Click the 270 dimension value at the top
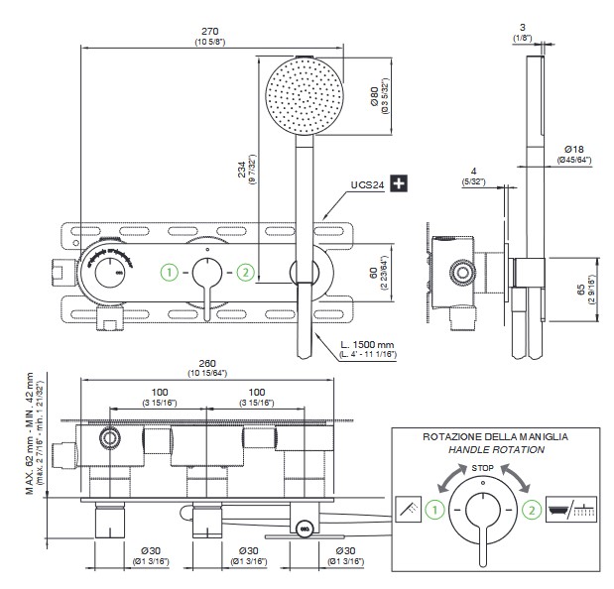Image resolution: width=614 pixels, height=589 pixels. pos(208,31)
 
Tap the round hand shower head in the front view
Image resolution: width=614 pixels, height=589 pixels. pos(305,96)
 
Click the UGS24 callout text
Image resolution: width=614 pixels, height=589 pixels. pos(366,183)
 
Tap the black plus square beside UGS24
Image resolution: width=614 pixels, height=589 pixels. pos(399,183)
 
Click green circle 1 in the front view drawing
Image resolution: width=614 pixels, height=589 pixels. pos(171,271)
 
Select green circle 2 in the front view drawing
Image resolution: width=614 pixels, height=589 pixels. pos(245,271)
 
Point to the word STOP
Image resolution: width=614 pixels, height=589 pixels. pos(483,465)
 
